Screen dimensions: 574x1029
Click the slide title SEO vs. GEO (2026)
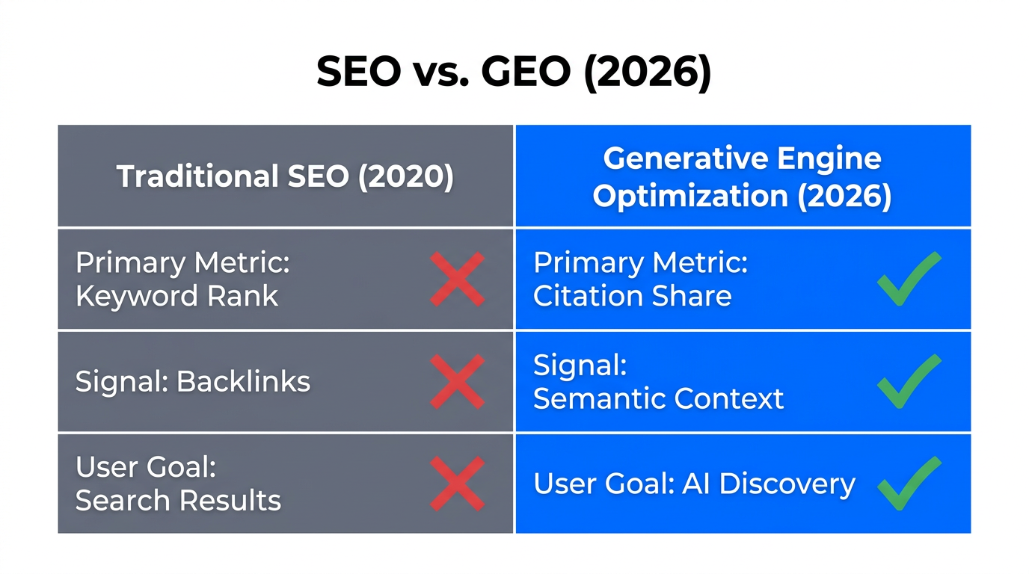click(x=514, y=72)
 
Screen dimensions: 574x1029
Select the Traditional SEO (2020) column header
click(x=285, y=177)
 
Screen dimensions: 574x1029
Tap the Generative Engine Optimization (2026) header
click(x=742, y=177)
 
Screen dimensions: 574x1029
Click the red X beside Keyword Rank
click(x=457, y=279)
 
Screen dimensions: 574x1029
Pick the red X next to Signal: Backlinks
click(x=457, y=381)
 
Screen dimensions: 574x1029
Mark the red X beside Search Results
click(x=457, y=484)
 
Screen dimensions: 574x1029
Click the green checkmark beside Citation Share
click(x=909, y=278)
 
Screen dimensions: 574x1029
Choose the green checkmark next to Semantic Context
click(x=909, y=380)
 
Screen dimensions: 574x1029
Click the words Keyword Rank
click(x=176, y=297)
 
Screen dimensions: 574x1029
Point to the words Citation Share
click(x=632, y=297)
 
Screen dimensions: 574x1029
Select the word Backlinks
click(x=243, y=382)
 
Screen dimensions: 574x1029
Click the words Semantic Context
click(x=658, y=399)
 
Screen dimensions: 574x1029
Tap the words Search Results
click(x=178, y=501)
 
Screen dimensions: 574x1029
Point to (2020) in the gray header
click(x=405, y=177)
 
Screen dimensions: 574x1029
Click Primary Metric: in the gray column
click(x=182, y=263)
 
